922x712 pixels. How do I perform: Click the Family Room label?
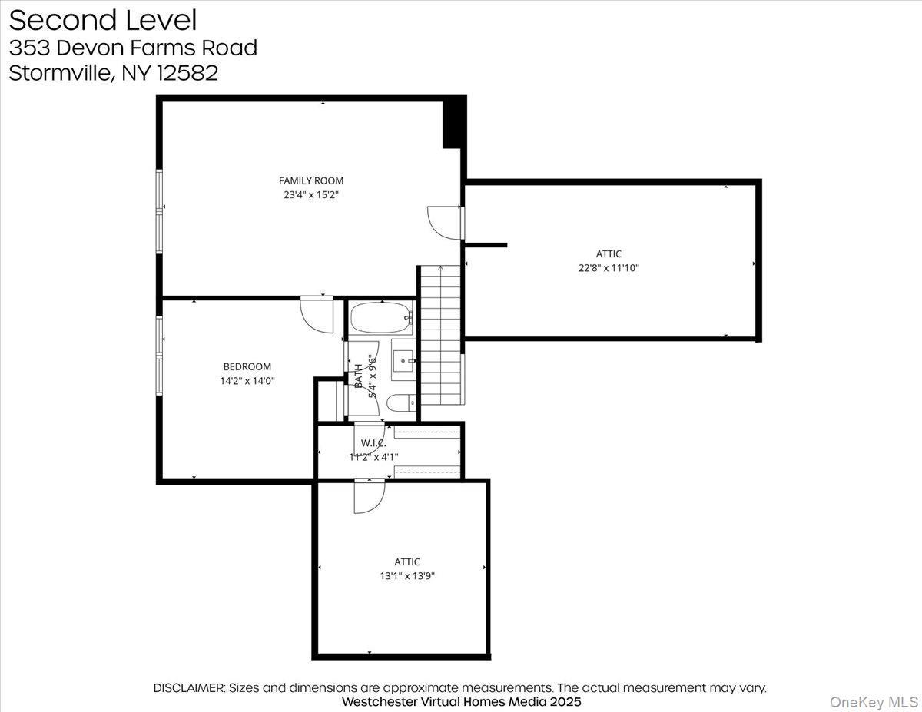pyautogui.click(x=310, y=181)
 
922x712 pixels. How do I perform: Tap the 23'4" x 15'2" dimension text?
pyautogui.click(x=310, y=195)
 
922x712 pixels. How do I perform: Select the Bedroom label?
pyautogui.click(x=247, y=367)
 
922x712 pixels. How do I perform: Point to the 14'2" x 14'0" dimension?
pyautogui.click(x=247, y=380)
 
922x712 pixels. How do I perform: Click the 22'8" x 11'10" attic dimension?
pyautogui.click(x=609, y=268)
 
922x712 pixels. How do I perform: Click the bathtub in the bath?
pyautogui.click(x=382, y=317)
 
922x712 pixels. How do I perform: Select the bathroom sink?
pyautogui.click(x=403, y=359)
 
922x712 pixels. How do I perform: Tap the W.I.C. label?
pyautogui.click(x=373, y=444)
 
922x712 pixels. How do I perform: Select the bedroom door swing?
pyautogui.click(x=315, y=314)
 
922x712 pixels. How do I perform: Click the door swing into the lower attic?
pyautogui.click(x=368, y=496)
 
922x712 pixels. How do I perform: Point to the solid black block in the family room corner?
pyautogui.click(x=454, y=122)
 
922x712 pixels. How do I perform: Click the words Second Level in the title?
pyautogui.click(x=103, y=20)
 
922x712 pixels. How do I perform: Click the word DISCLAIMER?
pyautogui.click(x=189, y=688)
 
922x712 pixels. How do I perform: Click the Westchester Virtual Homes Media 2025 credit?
pyautogui.click(x=461, y=701)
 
